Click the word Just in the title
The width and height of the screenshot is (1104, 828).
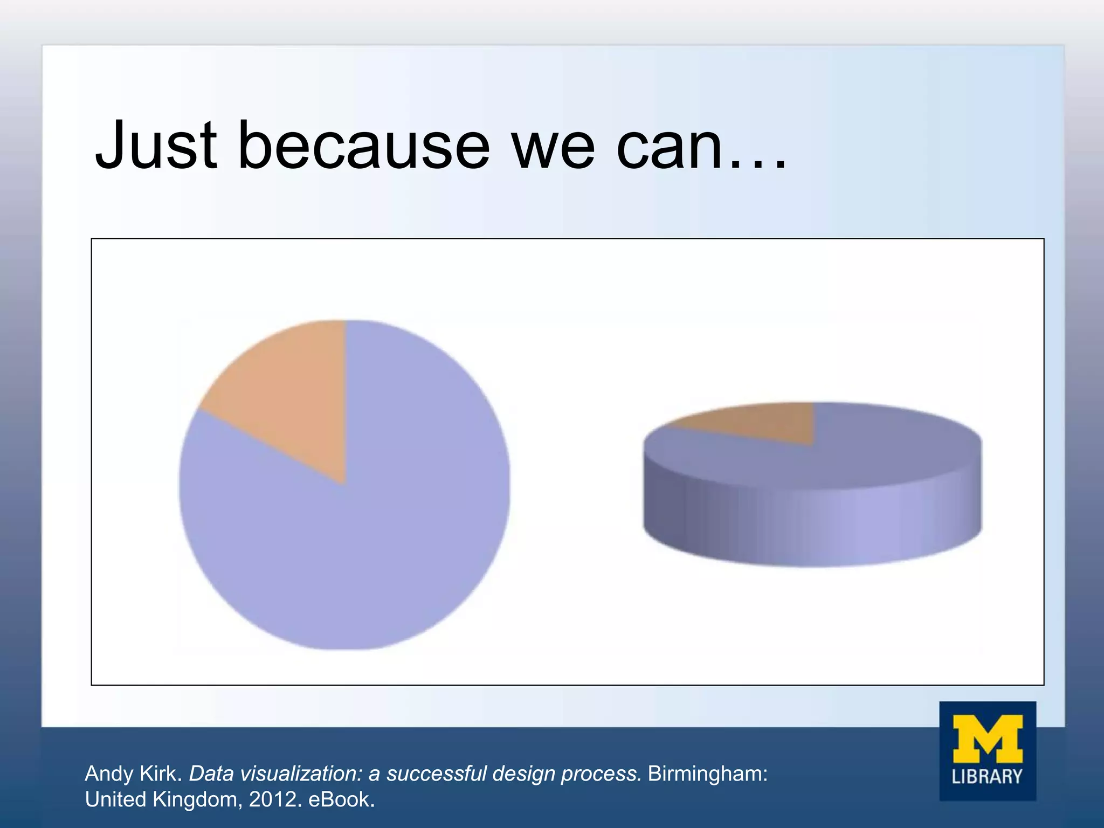pos(156,144)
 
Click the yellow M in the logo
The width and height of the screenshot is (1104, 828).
pos(988,739)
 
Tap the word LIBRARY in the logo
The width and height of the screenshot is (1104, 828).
pos(987,777)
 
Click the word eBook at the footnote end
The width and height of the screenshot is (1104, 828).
pos(341,799)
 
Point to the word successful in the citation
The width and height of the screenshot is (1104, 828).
pos(437,774)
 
